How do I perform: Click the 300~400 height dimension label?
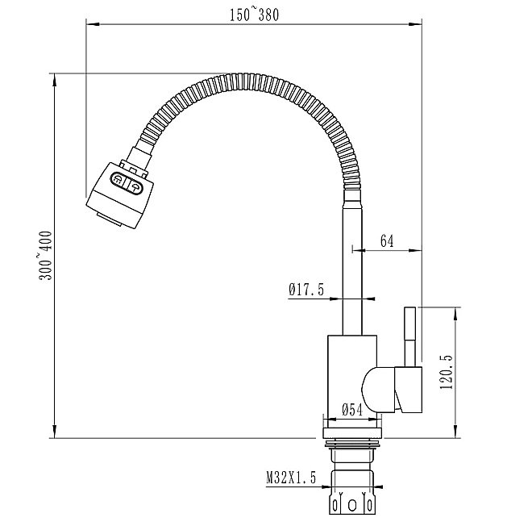click(x=45, y=256)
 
